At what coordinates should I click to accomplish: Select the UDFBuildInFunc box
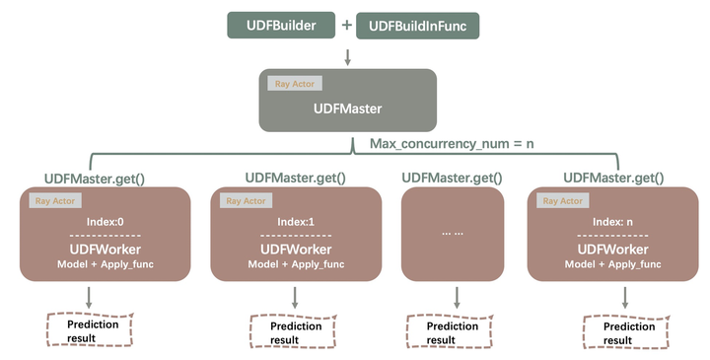click(417, 25)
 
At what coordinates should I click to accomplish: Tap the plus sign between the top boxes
click(346, 25)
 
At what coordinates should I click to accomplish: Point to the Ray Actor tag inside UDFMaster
click(288, 85)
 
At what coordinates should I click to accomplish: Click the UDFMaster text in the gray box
click(347, 108)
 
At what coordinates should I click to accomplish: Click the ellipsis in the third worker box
click(454, 232)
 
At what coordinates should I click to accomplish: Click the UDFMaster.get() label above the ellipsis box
click(452, 178)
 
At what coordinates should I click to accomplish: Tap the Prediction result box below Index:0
click(91, 330)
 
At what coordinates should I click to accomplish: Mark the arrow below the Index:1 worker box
click(295, 296)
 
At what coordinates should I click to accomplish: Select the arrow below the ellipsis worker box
click(455, 296)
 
